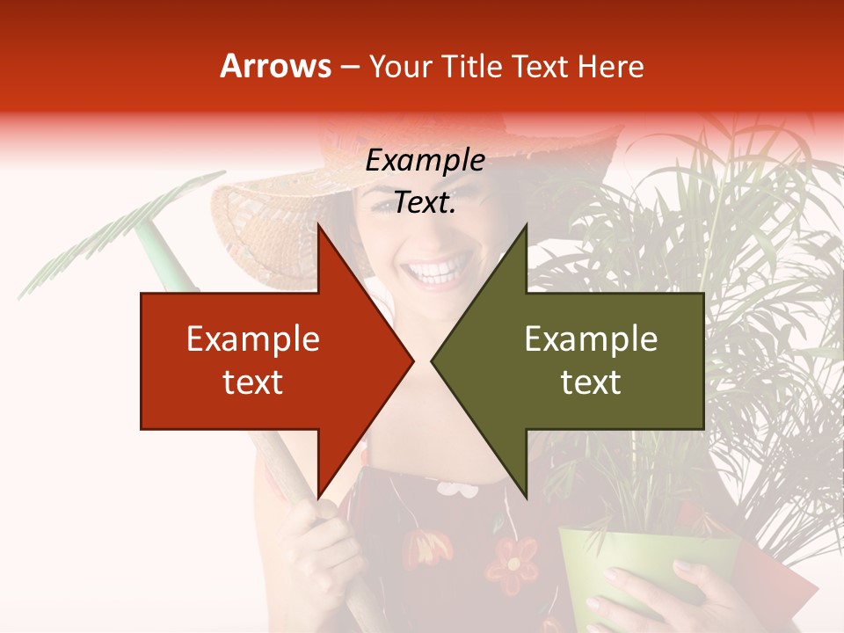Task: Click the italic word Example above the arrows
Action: pyautogui.click(x=425, y=160)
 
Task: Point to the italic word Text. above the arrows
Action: pyautogui.click(x=425, y=203)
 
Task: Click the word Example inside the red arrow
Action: pyautogui.click(x=252, y=338)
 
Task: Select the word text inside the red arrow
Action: pyautogui.click(x=252, y=382)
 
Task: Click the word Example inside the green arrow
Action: pyautogui.click(x=591, y=338)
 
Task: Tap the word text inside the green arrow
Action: pyautogui.click(x=591, y=382)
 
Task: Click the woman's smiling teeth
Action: pyautogui.click(x=437, y=269)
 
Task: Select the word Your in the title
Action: pyautogui.click(x=401, y=66)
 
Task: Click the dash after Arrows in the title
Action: pyautogui.click(x=349, y=67)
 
